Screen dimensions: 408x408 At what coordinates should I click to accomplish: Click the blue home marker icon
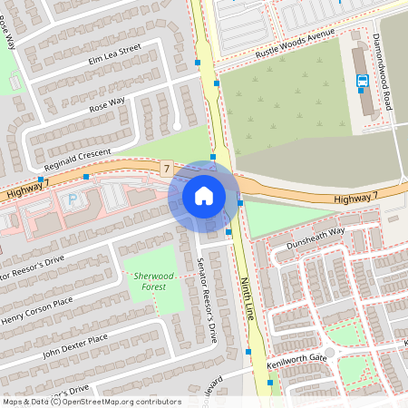coord(204,195)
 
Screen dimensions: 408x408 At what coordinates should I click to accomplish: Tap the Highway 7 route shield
coord(166,169)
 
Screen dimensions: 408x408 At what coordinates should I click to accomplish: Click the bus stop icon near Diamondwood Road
coord(363,81)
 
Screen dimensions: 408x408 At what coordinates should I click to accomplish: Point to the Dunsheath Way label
coord(313,232)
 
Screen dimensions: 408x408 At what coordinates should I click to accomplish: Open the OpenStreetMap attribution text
coord(91,402)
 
